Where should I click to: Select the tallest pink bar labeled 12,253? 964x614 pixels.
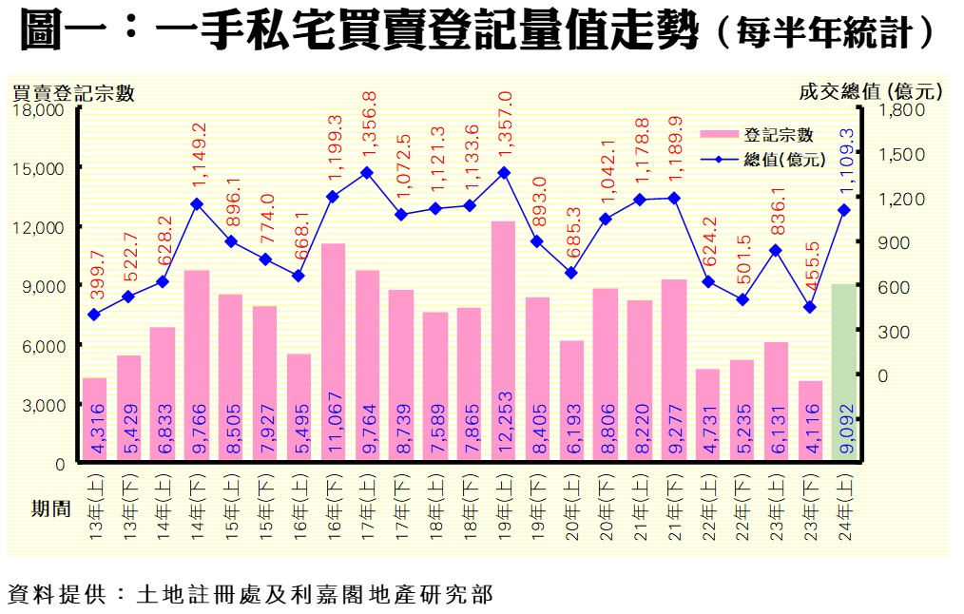[x=503, y=342]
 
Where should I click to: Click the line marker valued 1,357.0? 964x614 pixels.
[x=503, y=172]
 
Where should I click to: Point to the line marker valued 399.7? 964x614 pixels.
[x=94, y=315]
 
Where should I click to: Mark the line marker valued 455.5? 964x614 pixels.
[x=809, y=307]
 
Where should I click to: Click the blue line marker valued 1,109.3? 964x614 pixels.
[x=843, y=210]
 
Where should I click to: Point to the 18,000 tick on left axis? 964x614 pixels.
[x=39, y=110]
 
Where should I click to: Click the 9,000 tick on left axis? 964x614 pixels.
[x=44, y=287]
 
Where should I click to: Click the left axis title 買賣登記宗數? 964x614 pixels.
[x=72, y=92]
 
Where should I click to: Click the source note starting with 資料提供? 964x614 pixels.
[x=249, y=595]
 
